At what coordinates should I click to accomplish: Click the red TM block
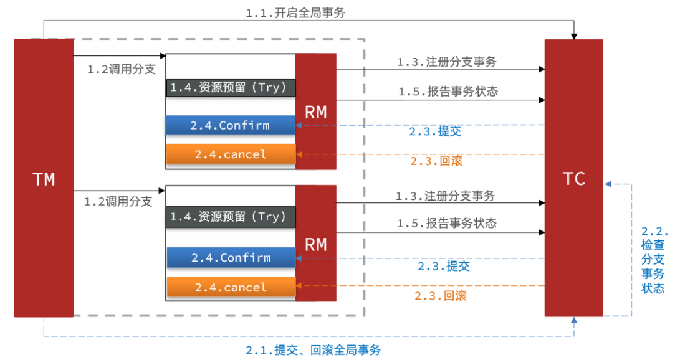(x=44, y=178)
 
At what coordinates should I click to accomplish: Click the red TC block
(x=574, y=178)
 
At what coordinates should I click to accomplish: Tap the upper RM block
(x=315, y=111)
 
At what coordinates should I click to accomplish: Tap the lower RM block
(x=315, y=244)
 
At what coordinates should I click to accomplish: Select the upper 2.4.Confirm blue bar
(x=231, y=125)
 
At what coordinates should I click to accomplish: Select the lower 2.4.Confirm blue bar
(x=231, y=258)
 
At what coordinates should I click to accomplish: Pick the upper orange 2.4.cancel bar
(x=231, y=154)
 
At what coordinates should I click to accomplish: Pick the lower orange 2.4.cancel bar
(x=231, y=287)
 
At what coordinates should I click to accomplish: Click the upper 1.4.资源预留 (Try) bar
(x=231, y=88)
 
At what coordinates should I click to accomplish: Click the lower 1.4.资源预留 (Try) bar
(x=231, y=217)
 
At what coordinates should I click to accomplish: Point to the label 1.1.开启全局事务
(x=295, y=13)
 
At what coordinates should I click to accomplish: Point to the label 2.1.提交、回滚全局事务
(x=313, y=350)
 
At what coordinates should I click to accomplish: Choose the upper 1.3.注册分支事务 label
(x=446, y=62)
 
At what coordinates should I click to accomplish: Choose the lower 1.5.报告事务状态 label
(x=446, y=223)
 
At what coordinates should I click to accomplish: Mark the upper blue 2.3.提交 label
(x=435, y=131)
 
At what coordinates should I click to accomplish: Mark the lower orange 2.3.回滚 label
(x=441, y=295)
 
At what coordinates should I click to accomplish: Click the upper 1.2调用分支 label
(x=122, y=69)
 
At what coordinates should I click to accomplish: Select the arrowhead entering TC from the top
(x=574, y=36)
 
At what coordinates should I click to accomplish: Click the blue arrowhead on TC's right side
(x=608, y=184)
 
